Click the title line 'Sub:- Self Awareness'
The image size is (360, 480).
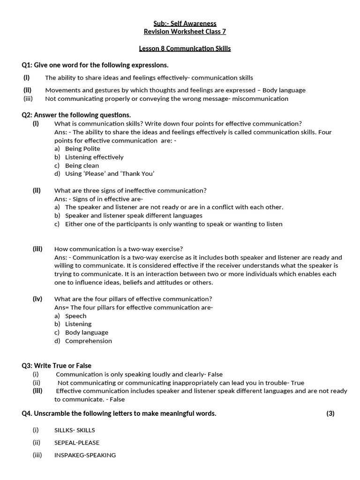pyautogui.click(x=185, y=23)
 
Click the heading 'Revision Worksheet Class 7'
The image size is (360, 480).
pyautogui.click(x=185, y=32)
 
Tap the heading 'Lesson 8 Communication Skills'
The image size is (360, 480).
pyautogui.click(x=185, y=49)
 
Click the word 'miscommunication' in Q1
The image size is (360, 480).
pyautogui.click(x=262, y=99)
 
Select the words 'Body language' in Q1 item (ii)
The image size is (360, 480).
pyautogui.click(x=284, y=90)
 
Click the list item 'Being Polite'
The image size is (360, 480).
pyautogui.click(x=82, y=149)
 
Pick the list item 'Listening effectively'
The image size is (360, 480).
pyautogui.click(x=94, y=157)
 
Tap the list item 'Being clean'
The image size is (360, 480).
pyautogui.click(x=82, y=165)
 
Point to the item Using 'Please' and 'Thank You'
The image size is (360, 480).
pyautogui.click(x=110, y=174)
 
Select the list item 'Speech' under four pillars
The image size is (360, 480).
pyautogui.click(x=75, y=316)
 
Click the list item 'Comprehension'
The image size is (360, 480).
pyautogui.click(x=89, y=341)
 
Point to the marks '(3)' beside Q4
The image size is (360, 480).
pyautogui.click(x=330, y=413)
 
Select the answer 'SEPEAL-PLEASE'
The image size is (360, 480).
pyautogui.click(x=77, y=442)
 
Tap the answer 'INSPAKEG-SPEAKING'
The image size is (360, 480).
pyautogui.click(x=85, y=455)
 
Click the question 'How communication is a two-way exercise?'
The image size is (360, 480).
pyautogui.click(x=119, y=249)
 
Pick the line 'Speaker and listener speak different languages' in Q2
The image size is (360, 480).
pyautogui.click(x=134, y=216)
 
